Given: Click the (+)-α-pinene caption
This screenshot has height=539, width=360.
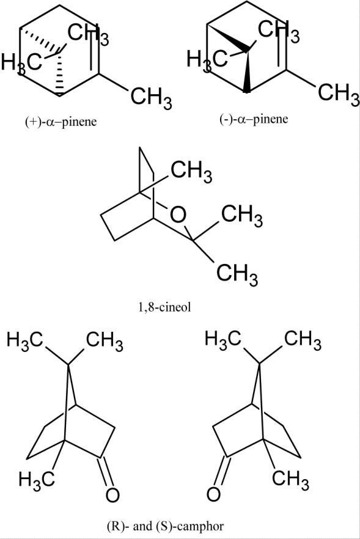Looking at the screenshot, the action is [x=61, y=122].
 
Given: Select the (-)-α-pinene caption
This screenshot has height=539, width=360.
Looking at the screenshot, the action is [x=254, y=119].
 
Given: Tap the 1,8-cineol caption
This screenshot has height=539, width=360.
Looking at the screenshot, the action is [x=164, y=307].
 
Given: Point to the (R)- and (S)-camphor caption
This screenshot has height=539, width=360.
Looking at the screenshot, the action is [x=165, y=526].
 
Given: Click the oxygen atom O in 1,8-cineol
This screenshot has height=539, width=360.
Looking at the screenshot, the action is [x=178, y=215].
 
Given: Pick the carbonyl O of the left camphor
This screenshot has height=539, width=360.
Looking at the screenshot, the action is [x=112, y=496].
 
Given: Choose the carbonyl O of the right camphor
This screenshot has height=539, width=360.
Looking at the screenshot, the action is [x=213, y=494].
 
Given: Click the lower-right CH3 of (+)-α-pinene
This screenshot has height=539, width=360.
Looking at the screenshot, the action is [x=151, y=97].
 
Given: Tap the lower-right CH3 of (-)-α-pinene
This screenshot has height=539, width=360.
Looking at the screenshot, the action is [x=339, y=93].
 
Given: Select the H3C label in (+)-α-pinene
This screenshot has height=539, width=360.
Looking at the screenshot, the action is [x=21, y=63].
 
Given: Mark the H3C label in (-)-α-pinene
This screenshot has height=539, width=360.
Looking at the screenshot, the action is [x=207, y=59].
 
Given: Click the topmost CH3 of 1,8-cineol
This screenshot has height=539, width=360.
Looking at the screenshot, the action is [x=191, y=171].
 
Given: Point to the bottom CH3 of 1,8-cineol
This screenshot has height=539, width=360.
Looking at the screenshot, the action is [x=237, y=274].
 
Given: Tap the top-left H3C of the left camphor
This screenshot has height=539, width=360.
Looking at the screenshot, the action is [x=24, y=341].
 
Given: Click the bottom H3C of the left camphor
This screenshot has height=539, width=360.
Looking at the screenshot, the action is [x=37, y=479].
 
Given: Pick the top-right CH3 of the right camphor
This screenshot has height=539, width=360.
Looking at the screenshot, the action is [x=303, y=340].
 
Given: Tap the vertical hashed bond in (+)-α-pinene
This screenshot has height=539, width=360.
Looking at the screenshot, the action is [x=59, y=73].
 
